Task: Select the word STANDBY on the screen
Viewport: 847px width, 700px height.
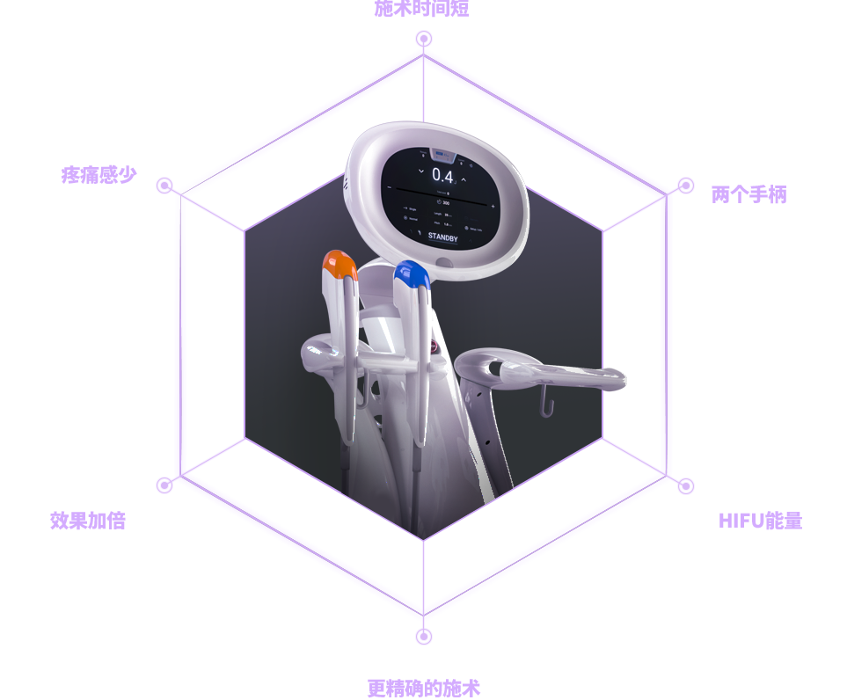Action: pyautogui.click(x=442, y=237)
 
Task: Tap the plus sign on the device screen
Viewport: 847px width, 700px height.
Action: pyautogui.click(x=493, y=207)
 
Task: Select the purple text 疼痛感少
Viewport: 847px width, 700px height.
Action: pyautogui.click(x=99, y=174)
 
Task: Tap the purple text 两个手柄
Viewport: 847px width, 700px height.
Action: pyautogui.click(x=748, y=194)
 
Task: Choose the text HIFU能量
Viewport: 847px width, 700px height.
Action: pyautogui.click(x=760, y=520)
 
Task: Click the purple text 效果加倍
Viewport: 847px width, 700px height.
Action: pyautogui.click(x=87, y=520)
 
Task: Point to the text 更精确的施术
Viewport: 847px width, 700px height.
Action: pyautogui.click(x=423, y=688)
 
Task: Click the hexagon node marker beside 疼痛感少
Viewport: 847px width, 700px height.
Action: pyautogui.click(x=164, y=186)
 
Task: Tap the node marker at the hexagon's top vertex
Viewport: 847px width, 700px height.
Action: pyautogui.click(x=424, y=39)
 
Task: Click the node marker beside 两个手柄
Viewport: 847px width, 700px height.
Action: pyautogui.click(x=685, y=186)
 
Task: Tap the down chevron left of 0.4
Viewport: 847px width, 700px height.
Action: pyautogui.click(x=421, y=171)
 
